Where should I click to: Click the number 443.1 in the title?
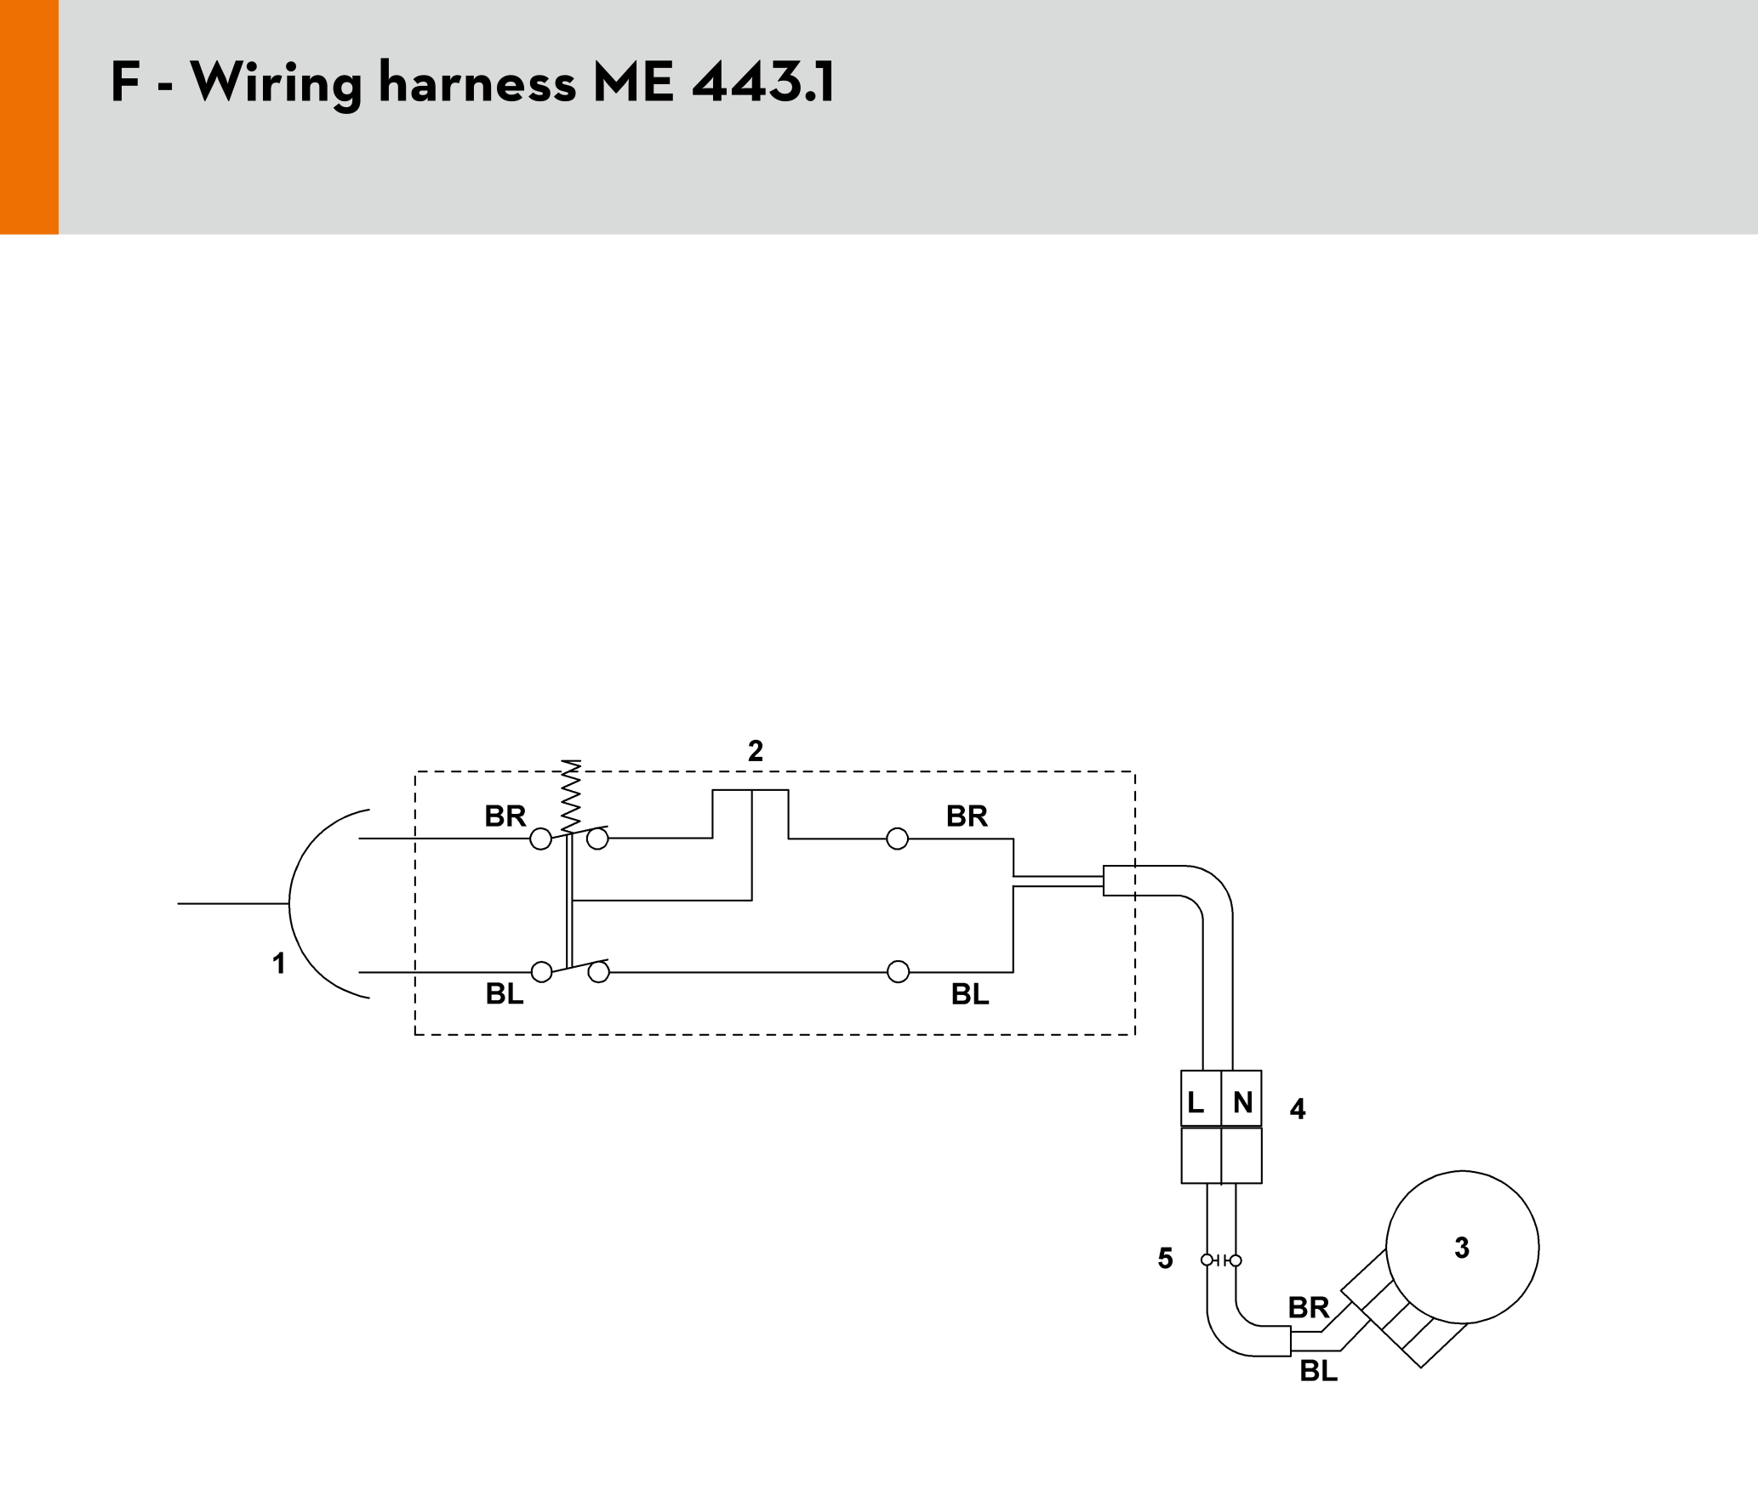point(763,82)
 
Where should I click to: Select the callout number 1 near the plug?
point(278,964)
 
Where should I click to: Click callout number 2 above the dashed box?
point(756,751)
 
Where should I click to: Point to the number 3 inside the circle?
point(1462,1248)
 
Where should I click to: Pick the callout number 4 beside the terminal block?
point(1298,1109)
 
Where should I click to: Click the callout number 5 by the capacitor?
point(1166,1259)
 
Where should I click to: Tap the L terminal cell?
point(1201,1099)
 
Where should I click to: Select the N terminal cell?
point(1241,1099)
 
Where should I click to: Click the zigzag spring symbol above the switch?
point(571,796)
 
